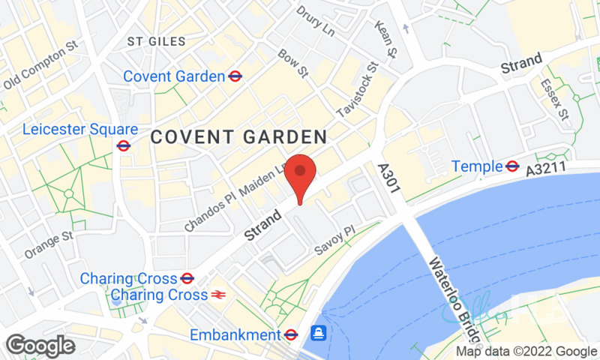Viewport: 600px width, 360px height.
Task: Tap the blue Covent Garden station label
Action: click(174, 76)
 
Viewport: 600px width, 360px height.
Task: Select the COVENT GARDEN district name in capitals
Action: click(238, 137)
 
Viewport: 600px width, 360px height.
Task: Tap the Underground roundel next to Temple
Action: click(513, 166)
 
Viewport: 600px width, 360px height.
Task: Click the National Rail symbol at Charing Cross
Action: click(219, 295)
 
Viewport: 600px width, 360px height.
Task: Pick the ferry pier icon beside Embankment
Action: click(319, 332)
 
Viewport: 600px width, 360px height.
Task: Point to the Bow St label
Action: click(293, 64)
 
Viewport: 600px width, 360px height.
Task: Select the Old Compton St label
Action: click(40, 70)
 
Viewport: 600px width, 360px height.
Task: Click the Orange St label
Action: click(49, 243)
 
